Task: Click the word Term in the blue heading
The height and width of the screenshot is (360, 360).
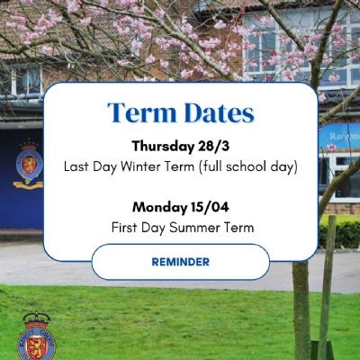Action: (x=142, y=112)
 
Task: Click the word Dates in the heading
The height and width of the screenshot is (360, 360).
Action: (x=219, y=112)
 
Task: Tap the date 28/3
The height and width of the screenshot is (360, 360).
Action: (x=213, y=146)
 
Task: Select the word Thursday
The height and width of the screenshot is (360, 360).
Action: (x=163, y=147)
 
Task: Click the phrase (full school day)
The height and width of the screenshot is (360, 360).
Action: (x=247, y=166)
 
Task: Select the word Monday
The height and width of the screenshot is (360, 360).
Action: (x=160, y=208)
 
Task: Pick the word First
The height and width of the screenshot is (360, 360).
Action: (x=125, y=228)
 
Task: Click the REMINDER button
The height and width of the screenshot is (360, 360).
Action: (x=181, y=262)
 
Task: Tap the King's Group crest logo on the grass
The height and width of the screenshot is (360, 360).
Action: (x=36, y=336)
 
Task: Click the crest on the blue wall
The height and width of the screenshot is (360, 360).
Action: (x=29, y=165)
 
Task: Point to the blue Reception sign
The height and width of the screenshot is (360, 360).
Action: (x=339, y=137)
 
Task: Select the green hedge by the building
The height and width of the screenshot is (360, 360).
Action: (x=339, y=231)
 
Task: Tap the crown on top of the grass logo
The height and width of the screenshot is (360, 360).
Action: (x=37, y=319)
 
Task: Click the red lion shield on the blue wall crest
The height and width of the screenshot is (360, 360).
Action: (x=29, y=164)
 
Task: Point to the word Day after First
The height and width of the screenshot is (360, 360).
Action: (x=153, y=228)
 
